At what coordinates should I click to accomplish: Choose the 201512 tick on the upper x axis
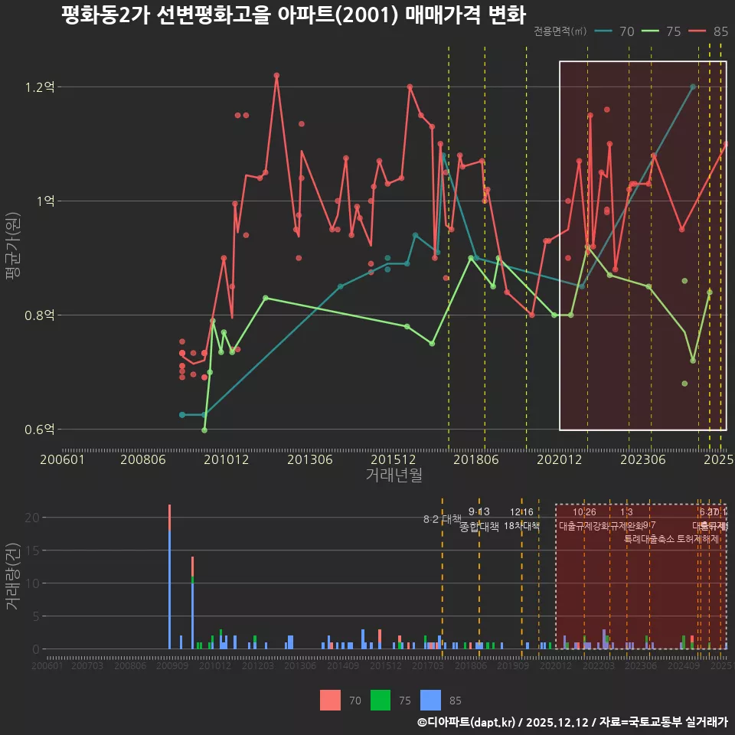coord(393,460)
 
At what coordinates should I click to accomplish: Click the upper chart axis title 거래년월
coord(394,475)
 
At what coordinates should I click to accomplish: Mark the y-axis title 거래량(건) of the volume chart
coord(13,577)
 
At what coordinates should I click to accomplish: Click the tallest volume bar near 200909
coord(169,582)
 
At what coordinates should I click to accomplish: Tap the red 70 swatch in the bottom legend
coord(330,700)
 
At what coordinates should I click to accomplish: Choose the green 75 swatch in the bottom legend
coord(381,700)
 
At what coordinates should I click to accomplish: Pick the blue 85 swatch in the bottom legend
coord(432,700)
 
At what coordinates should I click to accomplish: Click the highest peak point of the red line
coord(276,76)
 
